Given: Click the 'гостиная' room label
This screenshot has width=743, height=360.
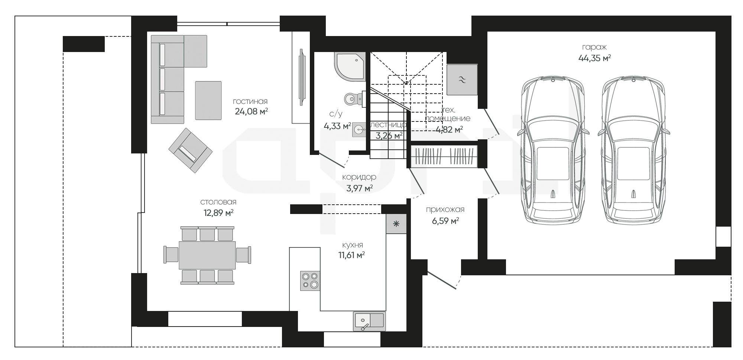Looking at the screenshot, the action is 250,101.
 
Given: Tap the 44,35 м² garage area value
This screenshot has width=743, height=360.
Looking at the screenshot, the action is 594,58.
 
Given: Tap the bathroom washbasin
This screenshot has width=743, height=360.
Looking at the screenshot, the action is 359,130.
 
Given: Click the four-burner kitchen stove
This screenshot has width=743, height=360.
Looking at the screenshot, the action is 310,280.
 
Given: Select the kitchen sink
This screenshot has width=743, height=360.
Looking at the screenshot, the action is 369,321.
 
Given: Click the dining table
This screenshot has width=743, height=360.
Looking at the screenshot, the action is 207,255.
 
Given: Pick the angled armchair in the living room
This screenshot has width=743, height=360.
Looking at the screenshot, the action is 190,150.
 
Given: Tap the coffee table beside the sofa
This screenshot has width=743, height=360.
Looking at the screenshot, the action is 208,100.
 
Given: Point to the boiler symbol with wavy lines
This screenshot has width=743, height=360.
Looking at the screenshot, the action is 462,80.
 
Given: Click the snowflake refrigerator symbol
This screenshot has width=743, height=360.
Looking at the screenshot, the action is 396,224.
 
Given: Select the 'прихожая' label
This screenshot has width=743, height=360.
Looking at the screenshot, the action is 445,210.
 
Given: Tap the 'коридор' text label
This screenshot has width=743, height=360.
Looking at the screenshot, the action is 359,177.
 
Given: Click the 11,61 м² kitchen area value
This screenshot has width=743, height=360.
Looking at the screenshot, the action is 351,255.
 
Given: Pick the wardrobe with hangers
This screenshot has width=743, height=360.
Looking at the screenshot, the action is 444,156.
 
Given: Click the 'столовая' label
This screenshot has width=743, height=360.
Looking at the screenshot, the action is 218,202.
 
